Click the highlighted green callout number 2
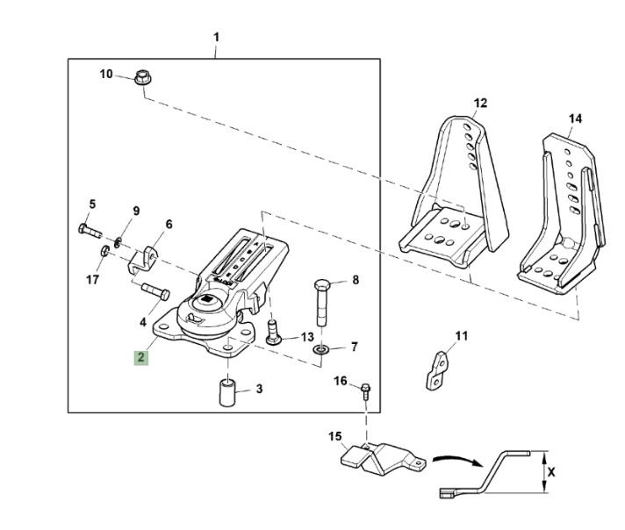(x=140, y=357)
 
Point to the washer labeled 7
(x=321, y=350)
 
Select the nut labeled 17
(x=104, y=254)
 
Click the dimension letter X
(x=551, y=471)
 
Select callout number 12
(x=480, y=103)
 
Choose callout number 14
(x=575, y=118)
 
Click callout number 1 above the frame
(x=216, y=37)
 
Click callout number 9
(x=136, y=211)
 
